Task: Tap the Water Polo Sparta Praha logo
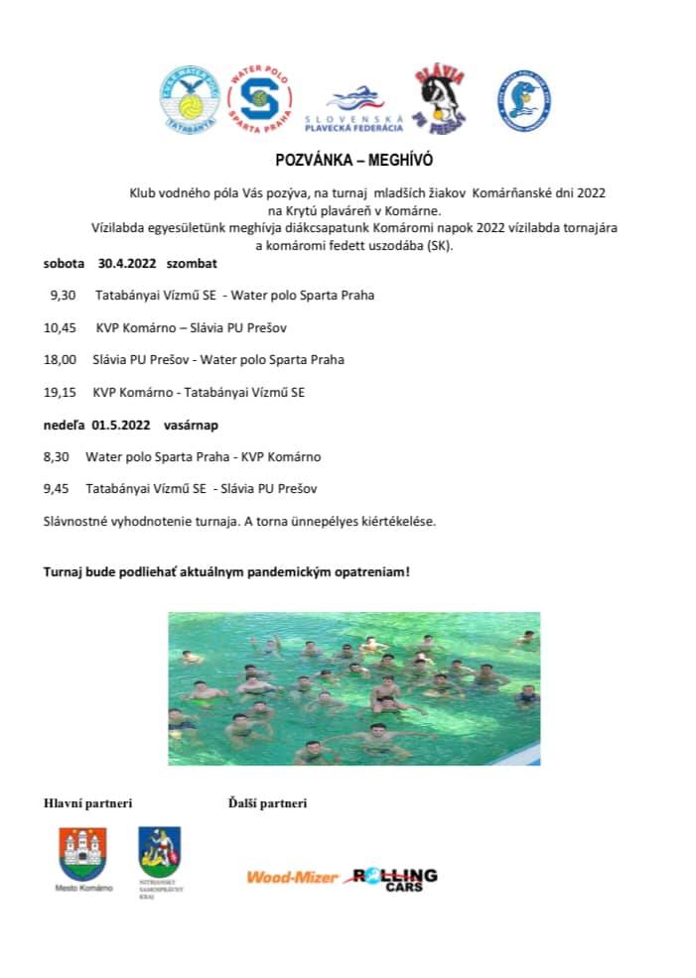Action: click(x=259, y=99)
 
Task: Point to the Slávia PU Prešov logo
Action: click(x=440, y=99)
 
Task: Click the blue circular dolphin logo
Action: click(x=524, y=100)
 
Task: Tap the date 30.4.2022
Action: click(x=127, y=265)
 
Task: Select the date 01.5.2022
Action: click(x=121, y=425)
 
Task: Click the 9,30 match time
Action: click(x=63, y=296)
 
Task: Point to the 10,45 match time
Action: click(x=60, y=327)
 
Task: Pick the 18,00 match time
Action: click(x=60, y=359)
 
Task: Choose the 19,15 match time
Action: click(x=60, y=392)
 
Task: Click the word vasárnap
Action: click(x=191, y=425)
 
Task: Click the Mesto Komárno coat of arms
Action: click(x=83, y=853)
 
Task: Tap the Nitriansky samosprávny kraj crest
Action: click(x=159, y=851)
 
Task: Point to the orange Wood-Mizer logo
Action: click(x=292, y=877)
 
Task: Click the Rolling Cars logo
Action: click(x=395, y=878)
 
